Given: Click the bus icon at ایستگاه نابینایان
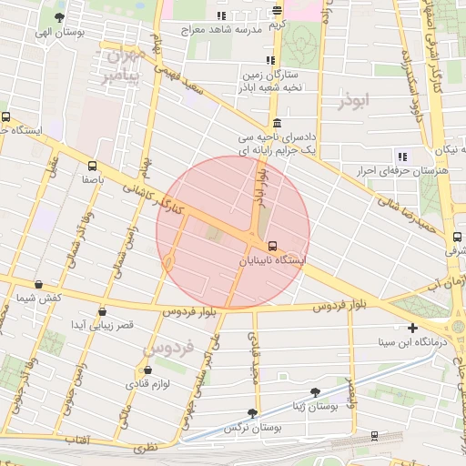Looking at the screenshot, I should click(x=272, y=246).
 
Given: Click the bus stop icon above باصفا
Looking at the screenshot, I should click(x=92, y=167).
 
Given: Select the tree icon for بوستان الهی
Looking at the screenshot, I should click(x=59, y=17).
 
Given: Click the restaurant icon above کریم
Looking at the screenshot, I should click(x=277, y=11).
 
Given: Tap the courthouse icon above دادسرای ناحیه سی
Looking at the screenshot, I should click(x=277, y=123).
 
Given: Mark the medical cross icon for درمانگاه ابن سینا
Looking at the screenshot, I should click(x=413, y=328).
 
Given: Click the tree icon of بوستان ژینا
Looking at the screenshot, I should click(x=315, y=392).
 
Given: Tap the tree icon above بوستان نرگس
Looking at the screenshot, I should click(x=252, y=412).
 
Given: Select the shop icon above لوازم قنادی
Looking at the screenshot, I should click(x=147, y=370).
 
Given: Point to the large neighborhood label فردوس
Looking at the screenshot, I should click(x=169, y=348).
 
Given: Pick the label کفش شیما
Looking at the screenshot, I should click(x=38, y=298).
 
